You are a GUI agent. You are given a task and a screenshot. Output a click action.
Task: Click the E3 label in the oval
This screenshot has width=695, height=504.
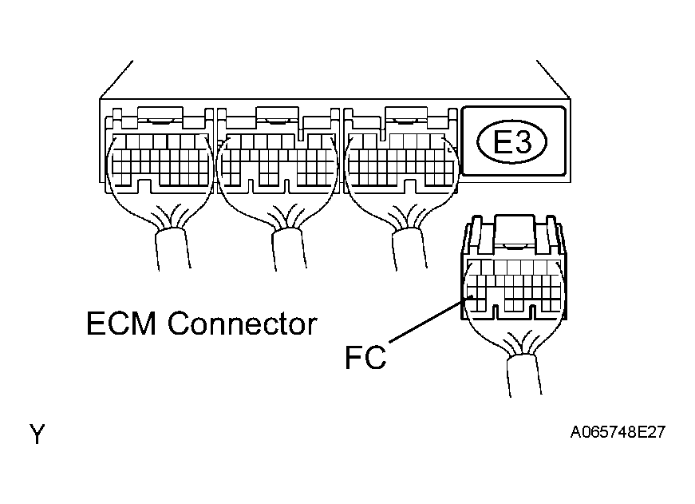(511, 142)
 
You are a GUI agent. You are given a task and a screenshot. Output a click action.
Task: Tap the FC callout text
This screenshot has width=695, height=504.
(365, 356)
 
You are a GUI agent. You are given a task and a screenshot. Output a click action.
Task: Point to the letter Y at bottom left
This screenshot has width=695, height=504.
(38, 435)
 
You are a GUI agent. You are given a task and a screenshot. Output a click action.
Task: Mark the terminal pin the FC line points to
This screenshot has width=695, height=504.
(472, 299)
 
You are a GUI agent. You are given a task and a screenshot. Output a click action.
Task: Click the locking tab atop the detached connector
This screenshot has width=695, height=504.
(515, 228)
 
